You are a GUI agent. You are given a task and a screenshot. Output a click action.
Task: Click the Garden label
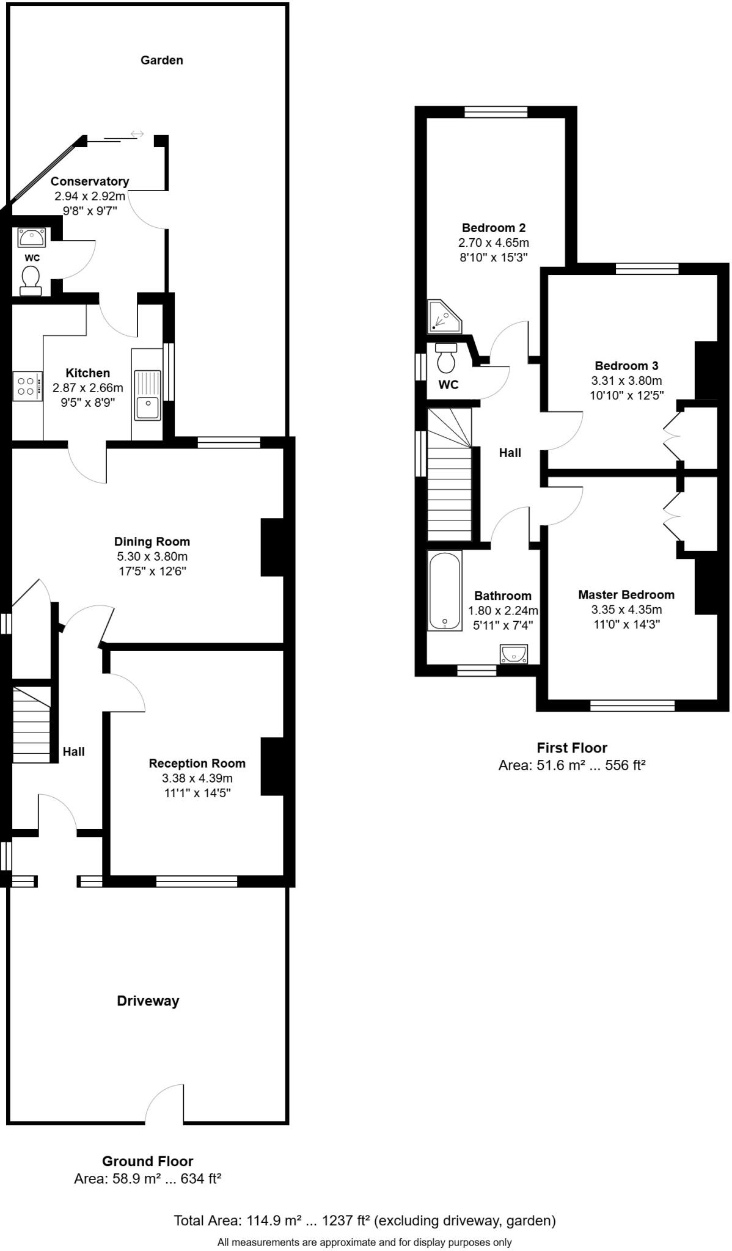click(161, 60)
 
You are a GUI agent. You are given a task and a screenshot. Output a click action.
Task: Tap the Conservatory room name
click(90, 181)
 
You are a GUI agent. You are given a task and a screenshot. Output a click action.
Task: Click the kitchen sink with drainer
click(147, 395)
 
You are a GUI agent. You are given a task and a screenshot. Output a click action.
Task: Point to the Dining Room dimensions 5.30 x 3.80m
click(152, 556)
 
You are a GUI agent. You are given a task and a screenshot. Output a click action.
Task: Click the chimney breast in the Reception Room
click(272, 767)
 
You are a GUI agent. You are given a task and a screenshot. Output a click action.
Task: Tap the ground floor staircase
click(31, 725)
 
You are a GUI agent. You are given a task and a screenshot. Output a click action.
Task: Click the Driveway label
click(148, 1001)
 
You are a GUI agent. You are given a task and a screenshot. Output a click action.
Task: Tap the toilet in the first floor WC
click(447, 359)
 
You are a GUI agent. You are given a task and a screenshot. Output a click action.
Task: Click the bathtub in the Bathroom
click(444, 591)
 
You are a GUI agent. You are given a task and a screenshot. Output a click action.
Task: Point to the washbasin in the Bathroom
click(513, 654)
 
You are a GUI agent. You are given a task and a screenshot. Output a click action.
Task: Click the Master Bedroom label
click(626, 594)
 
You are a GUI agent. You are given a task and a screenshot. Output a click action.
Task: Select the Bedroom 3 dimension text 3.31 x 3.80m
click(626, 381)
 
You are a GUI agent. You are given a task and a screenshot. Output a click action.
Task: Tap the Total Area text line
click(365, 1220)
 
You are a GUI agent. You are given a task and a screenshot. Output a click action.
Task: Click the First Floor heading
click(572, 748)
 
